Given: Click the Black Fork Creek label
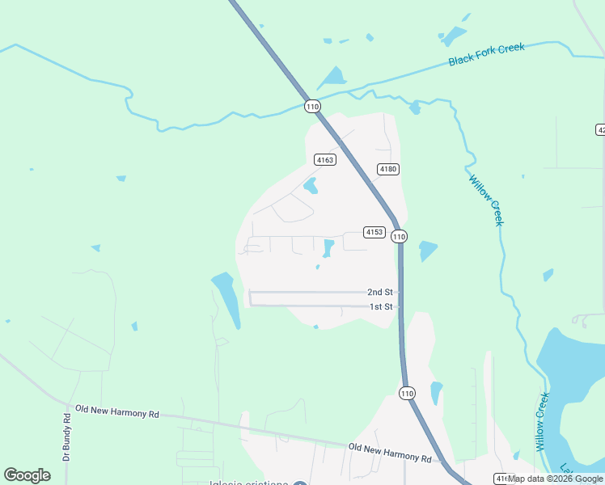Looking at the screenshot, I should [487, 54].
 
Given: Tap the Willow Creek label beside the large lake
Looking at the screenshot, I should [543, 422].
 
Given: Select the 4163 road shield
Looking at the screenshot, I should [325, 160].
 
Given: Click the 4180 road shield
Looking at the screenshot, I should [388, 169].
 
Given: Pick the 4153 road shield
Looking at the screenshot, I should [374, 232].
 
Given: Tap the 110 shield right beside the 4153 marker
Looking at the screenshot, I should [399, 236].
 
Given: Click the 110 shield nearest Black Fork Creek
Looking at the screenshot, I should [313, 106].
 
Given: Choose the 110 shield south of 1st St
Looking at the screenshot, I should [407, 393].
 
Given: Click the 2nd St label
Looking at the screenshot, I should [379, 292].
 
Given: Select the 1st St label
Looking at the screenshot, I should [380, 307].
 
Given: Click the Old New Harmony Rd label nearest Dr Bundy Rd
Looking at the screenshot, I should [116, 412].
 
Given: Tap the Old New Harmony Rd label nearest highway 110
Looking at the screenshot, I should [390, 453].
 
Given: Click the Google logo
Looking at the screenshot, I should [27, 475].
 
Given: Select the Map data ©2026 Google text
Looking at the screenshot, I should [555, 479].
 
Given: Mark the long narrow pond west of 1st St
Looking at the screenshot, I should [227, 297].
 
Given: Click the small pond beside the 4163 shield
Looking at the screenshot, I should [311, 186].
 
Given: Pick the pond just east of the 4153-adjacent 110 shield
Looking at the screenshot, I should [428, 251].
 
